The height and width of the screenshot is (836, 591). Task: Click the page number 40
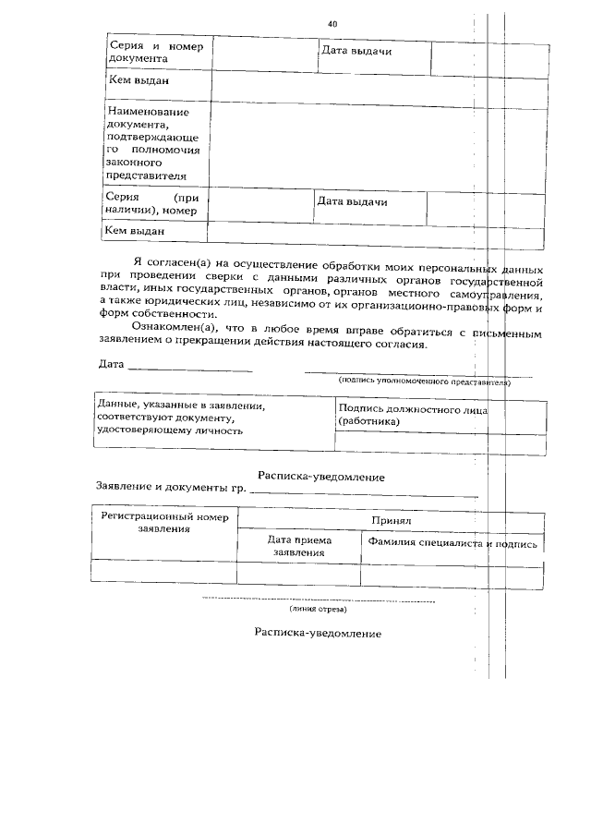(332, 23)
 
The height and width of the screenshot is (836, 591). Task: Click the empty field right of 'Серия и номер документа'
(265, 55)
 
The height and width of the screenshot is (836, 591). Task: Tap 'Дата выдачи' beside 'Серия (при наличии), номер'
(352, 201)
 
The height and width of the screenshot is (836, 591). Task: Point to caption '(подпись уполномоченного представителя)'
(424, 380)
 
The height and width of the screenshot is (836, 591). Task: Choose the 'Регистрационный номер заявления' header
(164, 523)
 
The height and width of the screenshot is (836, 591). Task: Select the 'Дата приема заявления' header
(299, 545)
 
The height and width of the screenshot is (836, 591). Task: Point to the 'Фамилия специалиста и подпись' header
(452, 544)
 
